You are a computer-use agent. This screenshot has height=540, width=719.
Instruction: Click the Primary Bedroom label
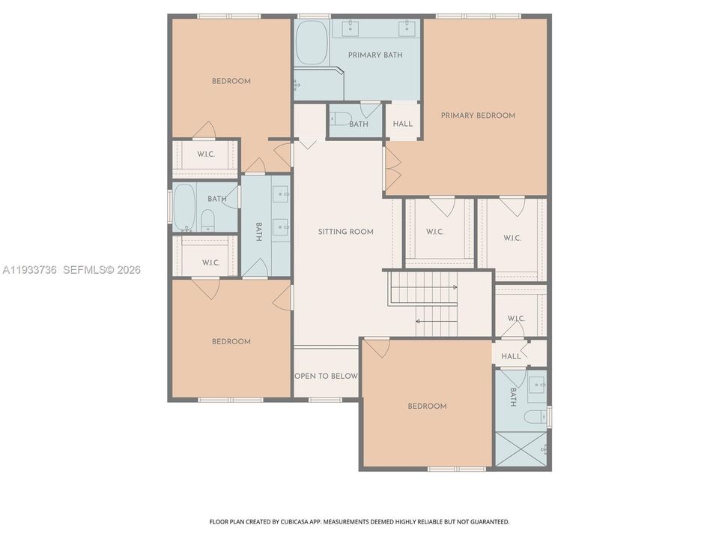click(478, 115)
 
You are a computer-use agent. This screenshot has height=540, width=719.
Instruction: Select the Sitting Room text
click(345, 232)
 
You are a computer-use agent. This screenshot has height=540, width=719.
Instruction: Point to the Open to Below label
click(326, 376)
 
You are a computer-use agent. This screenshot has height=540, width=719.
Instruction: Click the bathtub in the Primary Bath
click(311, 43)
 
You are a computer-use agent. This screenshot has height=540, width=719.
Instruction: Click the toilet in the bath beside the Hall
click(341, 118)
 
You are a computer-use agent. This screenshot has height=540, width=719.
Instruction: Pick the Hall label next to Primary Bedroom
click(403, 124)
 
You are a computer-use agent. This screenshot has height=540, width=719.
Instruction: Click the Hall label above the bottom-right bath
click(511, 356)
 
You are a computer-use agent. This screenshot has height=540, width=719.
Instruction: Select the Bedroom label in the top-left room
click(231, 81)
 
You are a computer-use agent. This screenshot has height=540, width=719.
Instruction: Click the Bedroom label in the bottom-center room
click(427, 406)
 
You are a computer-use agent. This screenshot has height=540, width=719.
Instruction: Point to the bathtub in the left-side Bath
click(184, 208)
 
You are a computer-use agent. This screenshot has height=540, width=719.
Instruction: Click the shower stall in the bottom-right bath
click(521, 448)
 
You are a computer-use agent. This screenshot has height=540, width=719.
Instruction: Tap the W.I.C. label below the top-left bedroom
click(207, 155)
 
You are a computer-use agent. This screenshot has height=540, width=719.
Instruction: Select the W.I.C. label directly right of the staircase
click(516, 318)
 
